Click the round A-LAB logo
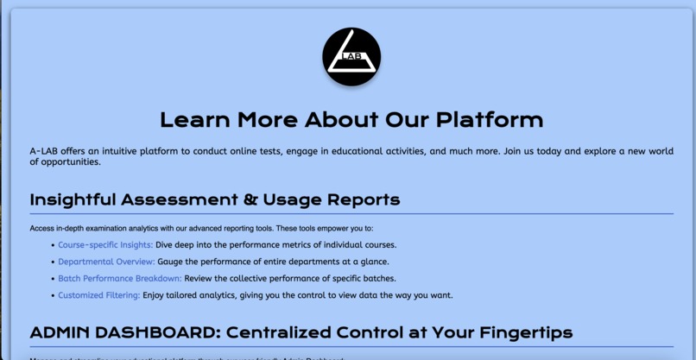tap(351, 57)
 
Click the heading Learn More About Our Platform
tap(351, 119)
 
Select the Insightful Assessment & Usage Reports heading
tap(215, 200)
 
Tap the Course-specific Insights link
tap(105, 245)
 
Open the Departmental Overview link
tap(106, 262)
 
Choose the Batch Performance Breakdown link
tap(120, 278)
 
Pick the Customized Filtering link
tap(98, 295)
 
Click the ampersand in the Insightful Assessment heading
tap(251, 200)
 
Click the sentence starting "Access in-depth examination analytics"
tap(201, 229)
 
